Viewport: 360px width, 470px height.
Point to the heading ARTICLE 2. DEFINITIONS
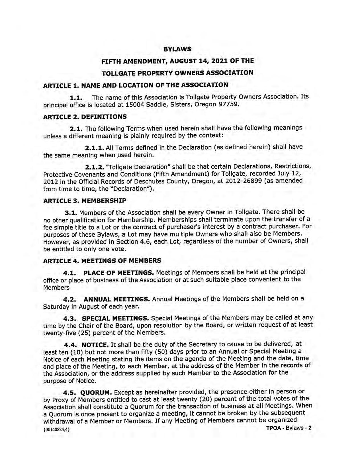coord(85,117)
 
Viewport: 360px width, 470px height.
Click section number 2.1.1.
coord(95,148)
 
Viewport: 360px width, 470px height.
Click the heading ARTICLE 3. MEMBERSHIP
coord(84,201)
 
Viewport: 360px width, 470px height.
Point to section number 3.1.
coord(71,213)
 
